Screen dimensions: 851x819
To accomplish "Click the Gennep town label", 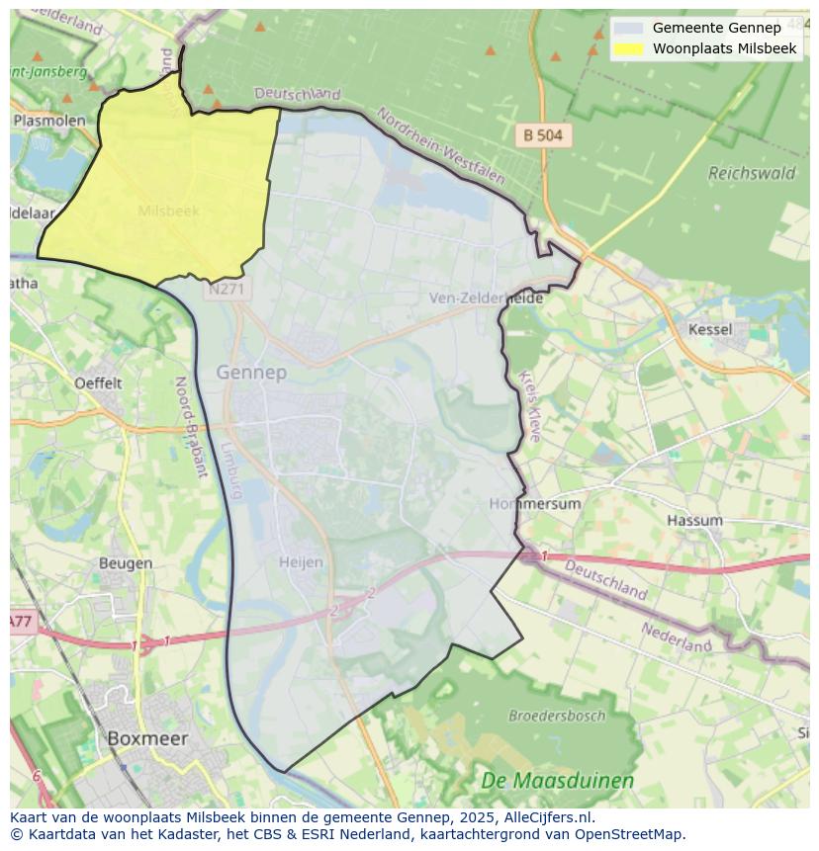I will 251,373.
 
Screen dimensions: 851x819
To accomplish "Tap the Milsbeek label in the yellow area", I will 168,211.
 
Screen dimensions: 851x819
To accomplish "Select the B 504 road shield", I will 543,136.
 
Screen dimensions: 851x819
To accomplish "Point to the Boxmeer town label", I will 146,738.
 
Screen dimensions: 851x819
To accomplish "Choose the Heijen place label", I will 301,562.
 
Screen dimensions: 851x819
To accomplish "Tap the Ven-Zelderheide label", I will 486,298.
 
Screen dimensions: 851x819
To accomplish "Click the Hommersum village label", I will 535,503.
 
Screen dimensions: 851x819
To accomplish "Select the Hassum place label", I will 694,520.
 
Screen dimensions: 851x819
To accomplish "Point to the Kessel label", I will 710,329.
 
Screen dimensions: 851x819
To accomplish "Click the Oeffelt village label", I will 98,383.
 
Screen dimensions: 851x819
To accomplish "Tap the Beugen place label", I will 126,563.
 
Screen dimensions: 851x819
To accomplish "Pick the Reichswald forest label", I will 752,173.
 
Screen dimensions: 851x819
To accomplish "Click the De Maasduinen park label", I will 558,781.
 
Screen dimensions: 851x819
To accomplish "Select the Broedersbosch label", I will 556,715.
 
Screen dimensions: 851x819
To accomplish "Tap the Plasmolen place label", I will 49,120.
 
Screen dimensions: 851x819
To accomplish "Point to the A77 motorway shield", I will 21,622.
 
